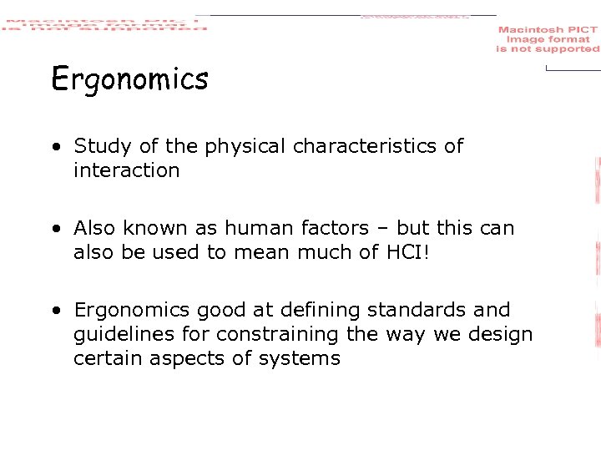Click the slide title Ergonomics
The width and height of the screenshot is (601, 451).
(129, 80)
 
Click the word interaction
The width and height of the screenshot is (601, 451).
(126, 170)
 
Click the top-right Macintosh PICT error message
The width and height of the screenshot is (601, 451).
(548, 39)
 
